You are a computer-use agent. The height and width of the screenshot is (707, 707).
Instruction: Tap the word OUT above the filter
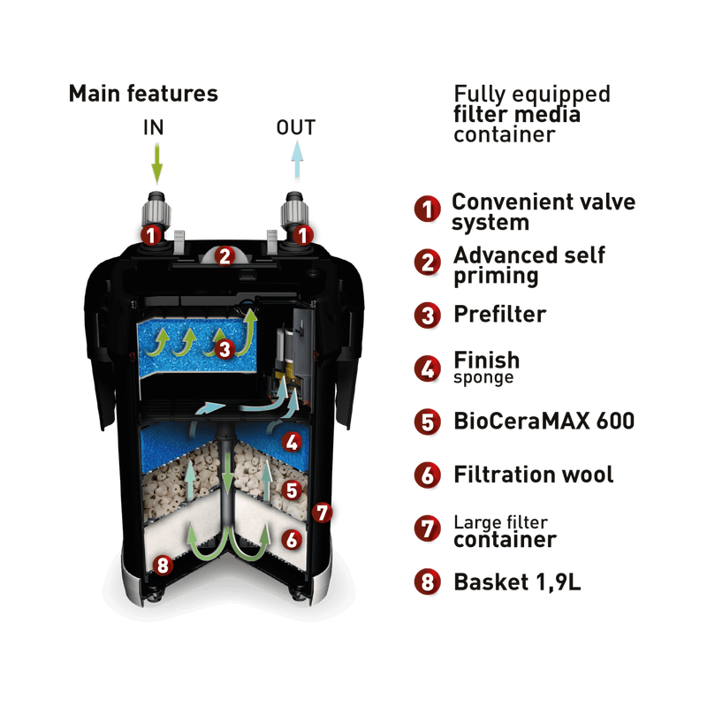coord(298,129)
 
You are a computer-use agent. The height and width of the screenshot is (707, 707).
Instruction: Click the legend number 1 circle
coord(427,210)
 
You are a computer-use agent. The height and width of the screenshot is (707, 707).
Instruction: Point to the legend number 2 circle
coord(427,262)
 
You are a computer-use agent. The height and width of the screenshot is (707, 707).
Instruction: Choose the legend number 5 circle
coord(427,421)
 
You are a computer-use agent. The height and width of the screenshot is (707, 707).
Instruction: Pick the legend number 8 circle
coord(427,582)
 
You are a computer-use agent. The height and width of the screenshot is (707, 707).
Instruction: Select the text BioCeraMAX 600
coord(543,421)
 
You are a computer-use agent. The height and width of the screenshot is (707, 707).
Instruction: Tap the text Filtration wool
coord(533,475)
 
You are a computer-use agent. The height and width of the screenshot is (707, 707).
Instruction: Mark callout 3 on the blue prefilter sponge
coord(224,349)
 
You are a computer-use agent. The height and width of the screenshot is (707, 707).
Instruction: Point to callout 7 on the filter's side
coord(323,511)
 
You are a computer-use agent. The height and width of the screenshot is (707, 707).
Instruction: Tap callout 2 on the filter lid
coord(224,258)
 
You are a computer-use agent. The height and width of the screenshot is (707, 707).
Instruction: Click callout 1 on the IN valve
coord(152,235)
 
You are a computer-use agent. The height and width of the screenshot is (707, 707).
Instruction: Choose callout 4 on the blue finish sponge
coord(290,439)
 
